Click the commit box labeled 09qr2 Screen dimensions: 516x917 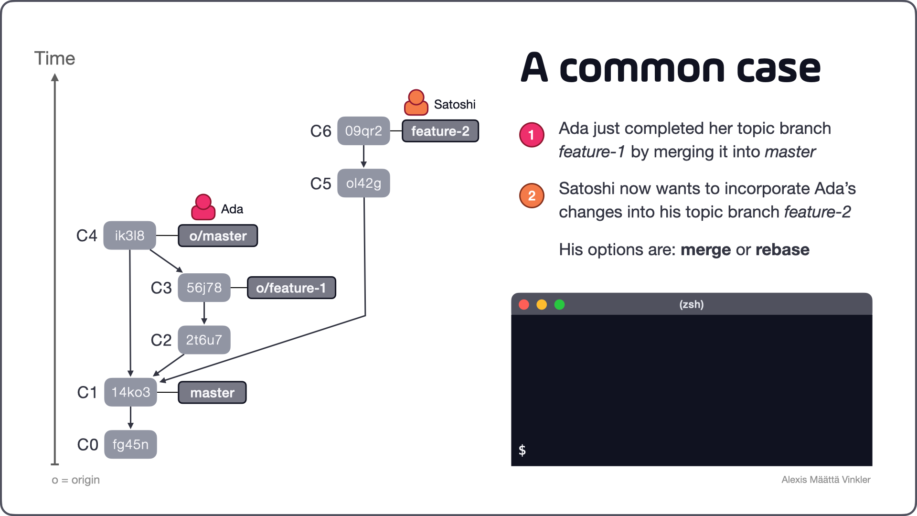click(x=363, y=131)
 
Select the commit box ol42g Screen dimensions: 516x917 click(x=363, y=183)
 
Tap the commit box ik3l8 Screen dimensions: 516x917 click(x=129, y=236)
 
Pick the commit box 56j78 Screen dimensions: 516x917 click(x=204, y=288)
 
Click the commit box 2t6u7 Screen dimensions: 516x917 click(x=204, y=340)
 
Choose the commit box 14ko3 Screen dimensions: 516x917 click(x=130, y=392)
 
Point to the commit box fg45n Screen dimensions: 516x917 click(x=130, y=444)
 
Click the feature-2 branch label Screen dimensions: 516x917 click(x=440, y=131)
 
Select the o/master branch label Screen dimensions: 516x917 click(x=218, y=236)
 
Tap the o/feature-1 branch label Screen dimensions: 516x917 click(x=291, y=288)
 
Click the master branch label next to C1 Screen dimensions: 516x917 click(x=212, y=392)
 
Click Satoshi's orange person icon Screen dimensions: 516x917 click(x=416, y=103)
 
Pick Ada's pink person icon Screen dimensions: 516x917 click(x=203, y=207)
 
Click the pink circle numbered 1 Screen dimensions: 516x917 click(x=532, y=135)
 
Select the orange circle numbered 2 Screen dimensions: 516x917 click(x=532, y=195)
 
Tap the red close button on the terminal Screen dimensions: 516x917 click(x=524, y=304)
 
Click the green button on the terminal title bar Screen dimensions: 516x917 click(x=559, y=304)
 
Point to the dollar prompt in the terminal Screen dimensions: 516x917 click(x=522, y=450)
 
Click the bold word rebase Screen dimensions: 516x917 click(x=782, y=249)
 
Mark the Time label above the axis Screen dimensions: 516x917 click(x=54, y=58)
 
